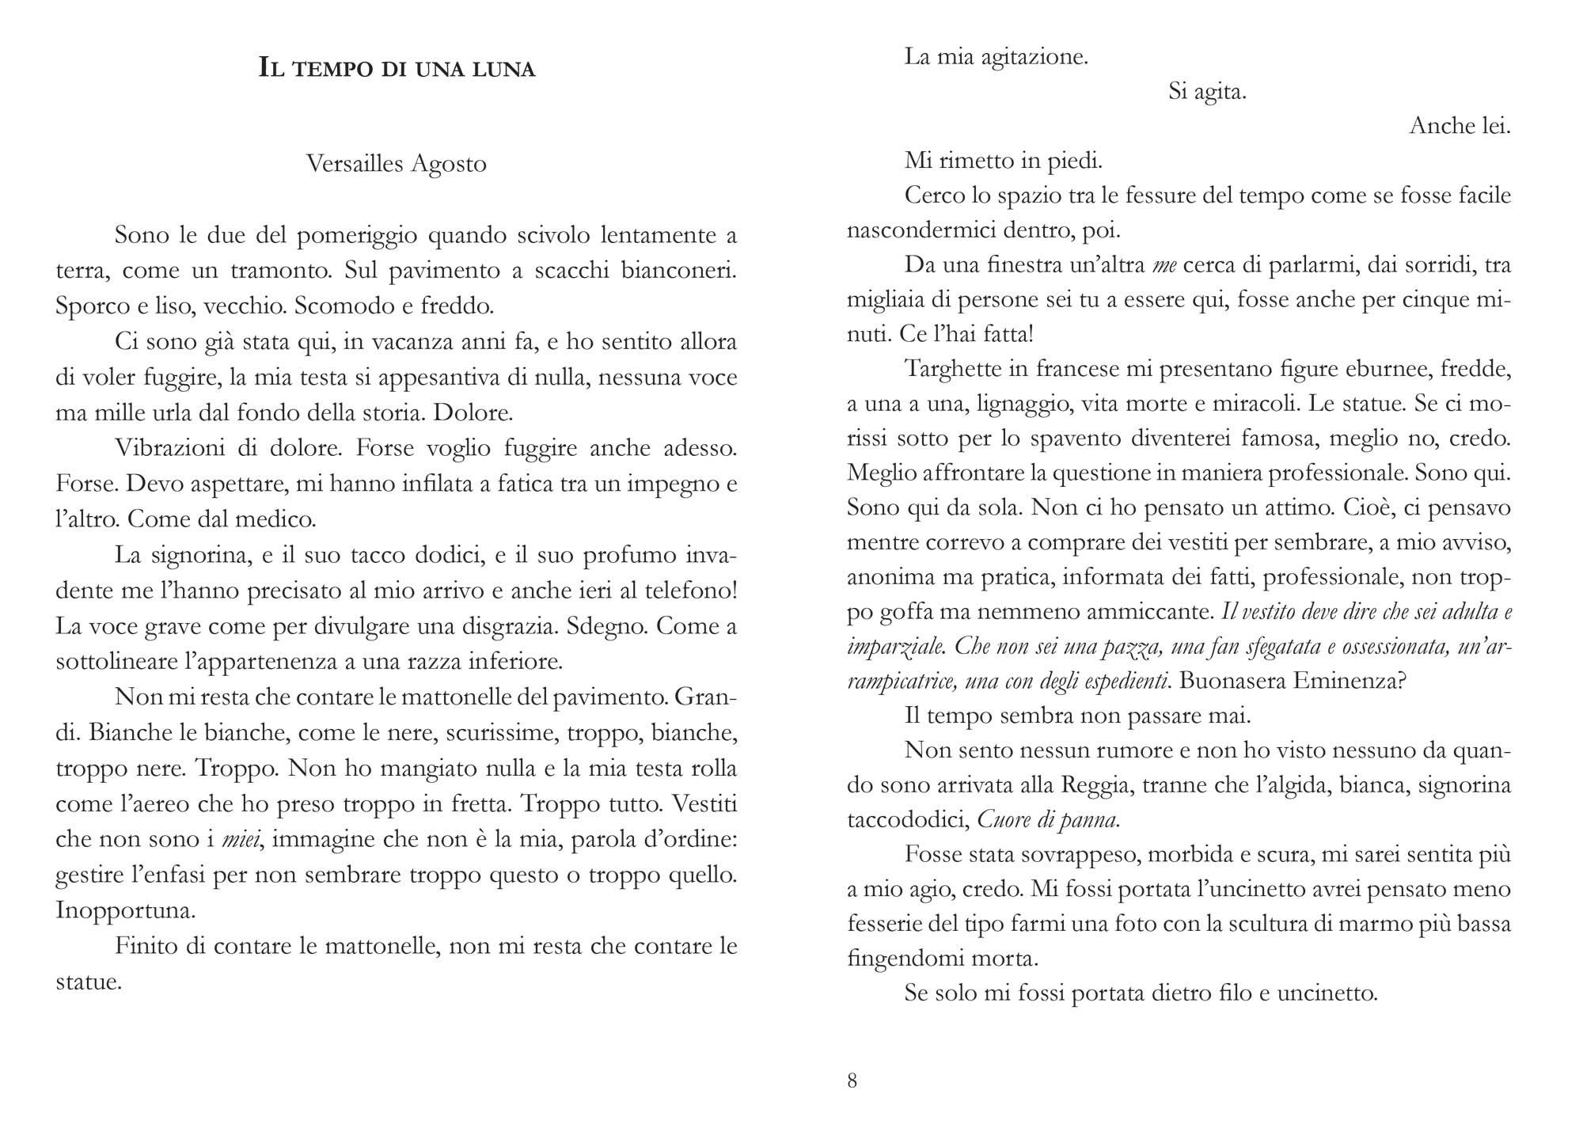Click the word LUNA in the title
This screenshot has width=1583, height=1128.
[502, 70]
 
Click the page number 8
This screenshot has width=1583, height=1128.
[852, 1081]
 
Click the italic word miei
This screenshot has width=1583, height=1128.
[242, 839]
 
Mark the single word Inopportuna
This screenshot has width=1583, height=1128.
[125, 910]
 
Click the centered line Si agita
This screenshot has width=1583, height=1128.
[1207, 92]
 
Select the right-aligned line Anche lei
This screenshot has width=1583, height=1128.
[1460, 127]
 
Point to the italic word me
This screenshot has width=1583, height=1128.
[1164, 265]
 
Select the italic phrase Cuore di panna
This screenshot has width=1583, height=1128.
[1048, 820]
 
